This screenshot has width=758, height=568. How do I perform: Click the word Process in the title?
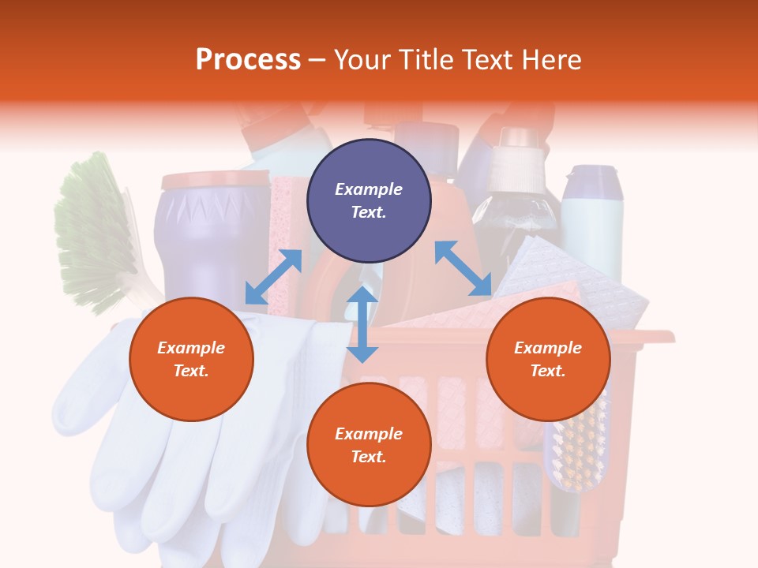pos(248,60)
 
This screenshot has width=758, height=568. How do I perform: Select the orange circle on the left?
pos(191,359)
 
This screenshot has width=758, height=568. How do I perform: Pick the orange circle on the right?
pos(548,359)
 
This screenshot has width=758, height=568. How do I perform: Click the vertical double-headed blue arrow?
pos(362,324)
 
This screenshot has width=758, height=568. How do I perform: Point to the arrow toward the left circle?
pos(273,277)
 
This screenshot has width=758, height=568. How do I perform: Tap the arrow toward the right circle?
pos(463,269)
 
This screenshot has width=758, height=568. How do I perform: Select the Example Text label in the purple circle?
pos(369,200)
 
